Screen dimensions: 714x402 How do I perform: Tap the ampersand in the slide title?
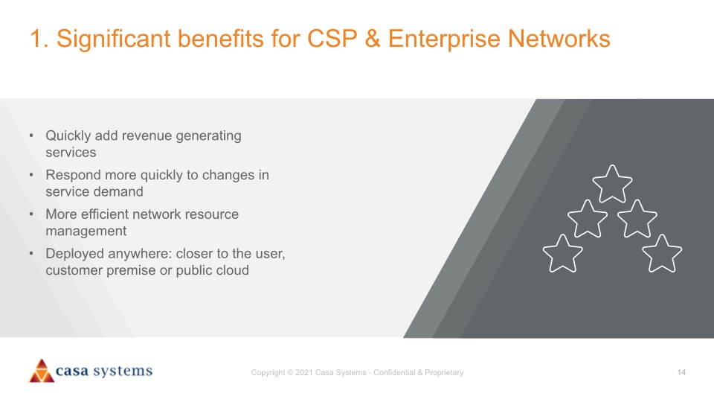point(373,38)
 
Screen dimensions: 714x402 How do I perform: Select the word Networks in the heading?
point(559,38)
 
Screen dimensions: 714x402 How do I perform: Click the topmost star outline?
point(612,185)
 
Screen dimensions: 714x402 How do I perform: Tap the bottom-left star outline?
point(563,255)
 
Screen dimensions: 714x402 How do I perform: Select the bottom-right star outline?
point(662,255)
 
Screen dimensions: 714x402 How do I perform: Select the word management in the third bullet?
point(86,232)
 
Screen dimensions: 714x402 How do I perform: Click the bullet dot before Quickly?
point(31,135)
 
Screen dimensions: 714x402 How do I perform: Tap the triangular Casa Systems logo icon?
point(42,371)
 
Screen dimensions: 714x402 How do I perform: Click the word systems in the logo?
point(123,371)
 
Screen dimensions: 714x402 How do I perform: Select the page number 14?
point(681,372)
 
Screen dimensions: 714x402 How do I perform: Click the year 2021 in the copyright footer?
point(303,372)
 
